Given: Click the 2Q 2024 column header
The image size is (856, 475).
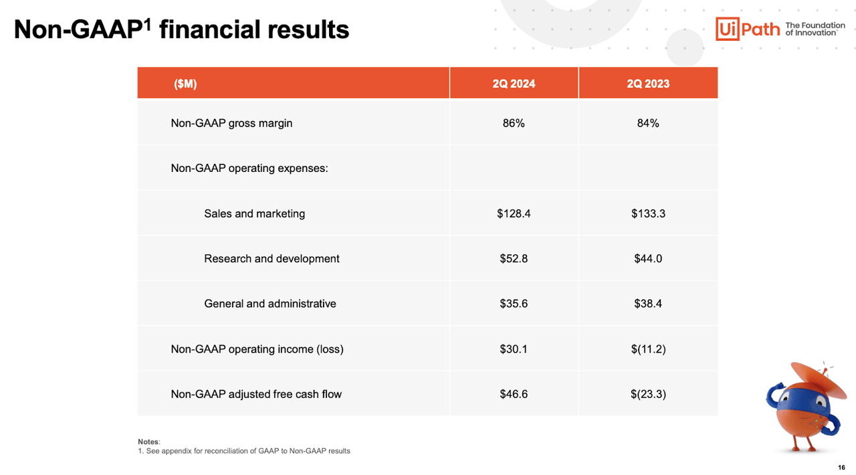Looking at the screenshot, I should coord(514,84).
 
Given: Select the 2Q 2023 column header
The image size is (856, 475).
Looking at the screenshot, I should coord(648,84).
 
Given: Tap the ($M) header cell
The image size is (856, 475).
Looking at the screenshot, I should coord(185,84).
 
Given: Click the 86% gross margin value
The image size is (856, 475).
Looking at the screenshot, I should coord(514,123).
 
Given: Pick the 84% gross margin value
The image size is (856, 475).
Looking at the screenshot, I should coord(648,123).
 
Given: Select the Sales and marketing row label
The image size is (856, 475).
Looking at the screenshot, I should coord(254,213).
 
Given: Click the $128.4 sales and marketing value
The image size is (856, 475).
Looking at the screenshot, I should coord(514,213).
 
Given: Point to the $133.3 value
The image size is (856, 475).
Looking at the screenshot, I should coord(648,213).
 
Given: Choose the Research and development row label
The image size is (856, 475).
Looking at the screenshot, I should coord(272,258).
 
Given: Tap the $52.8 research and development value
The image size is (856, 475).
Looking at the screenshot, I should coord(514,258).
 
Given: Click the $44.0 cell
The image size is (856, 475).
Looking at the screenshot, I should coord(648,258).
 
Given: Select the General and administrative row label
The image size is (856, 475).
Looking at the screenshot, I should coord(270,304).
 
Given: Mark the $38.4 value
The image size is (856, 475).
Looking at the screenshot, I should coord(648,304).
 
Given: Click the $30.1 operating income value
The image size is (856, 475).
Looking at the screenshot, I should coord(514,349).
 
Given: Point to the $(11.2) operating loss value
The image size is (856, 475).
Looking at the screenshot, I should coord(648,349).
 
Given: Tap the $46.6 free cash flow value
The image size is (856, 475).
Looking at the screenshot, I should coord(514,394).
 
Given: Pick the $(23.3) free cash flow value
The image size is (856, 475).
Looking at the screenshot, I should coord(648,394).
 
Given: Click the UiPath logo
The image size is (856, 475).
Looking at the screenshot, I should coord(748,29).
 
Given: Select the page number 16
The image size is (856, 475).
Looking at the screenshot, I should coord(841,467).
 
